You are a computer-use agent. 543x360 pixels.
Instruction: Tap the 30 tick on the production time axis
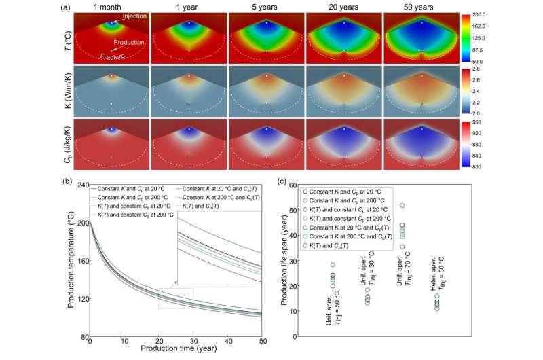point(193,343)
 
